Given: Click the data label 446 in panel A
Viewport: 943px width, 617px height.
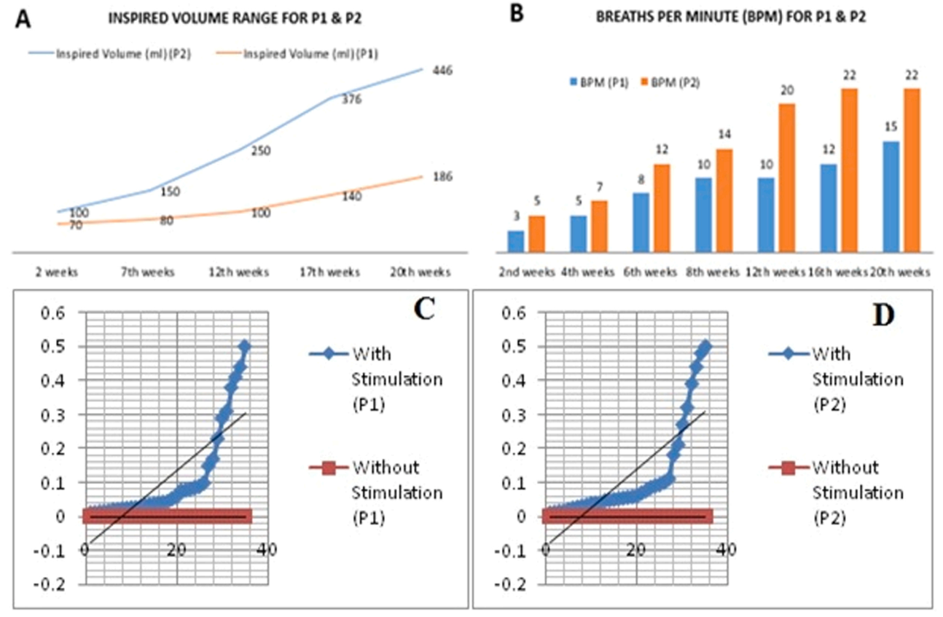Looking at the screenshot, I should (442, 71).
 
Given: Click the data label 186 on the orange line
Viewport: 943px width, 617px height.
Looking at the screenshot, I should (442, 176).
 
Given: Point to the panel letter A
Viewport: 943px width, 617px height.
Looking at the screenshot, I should (23, 19).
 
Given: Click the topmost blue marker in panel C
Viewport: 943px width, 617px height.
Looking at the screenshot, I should (245, 346).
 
